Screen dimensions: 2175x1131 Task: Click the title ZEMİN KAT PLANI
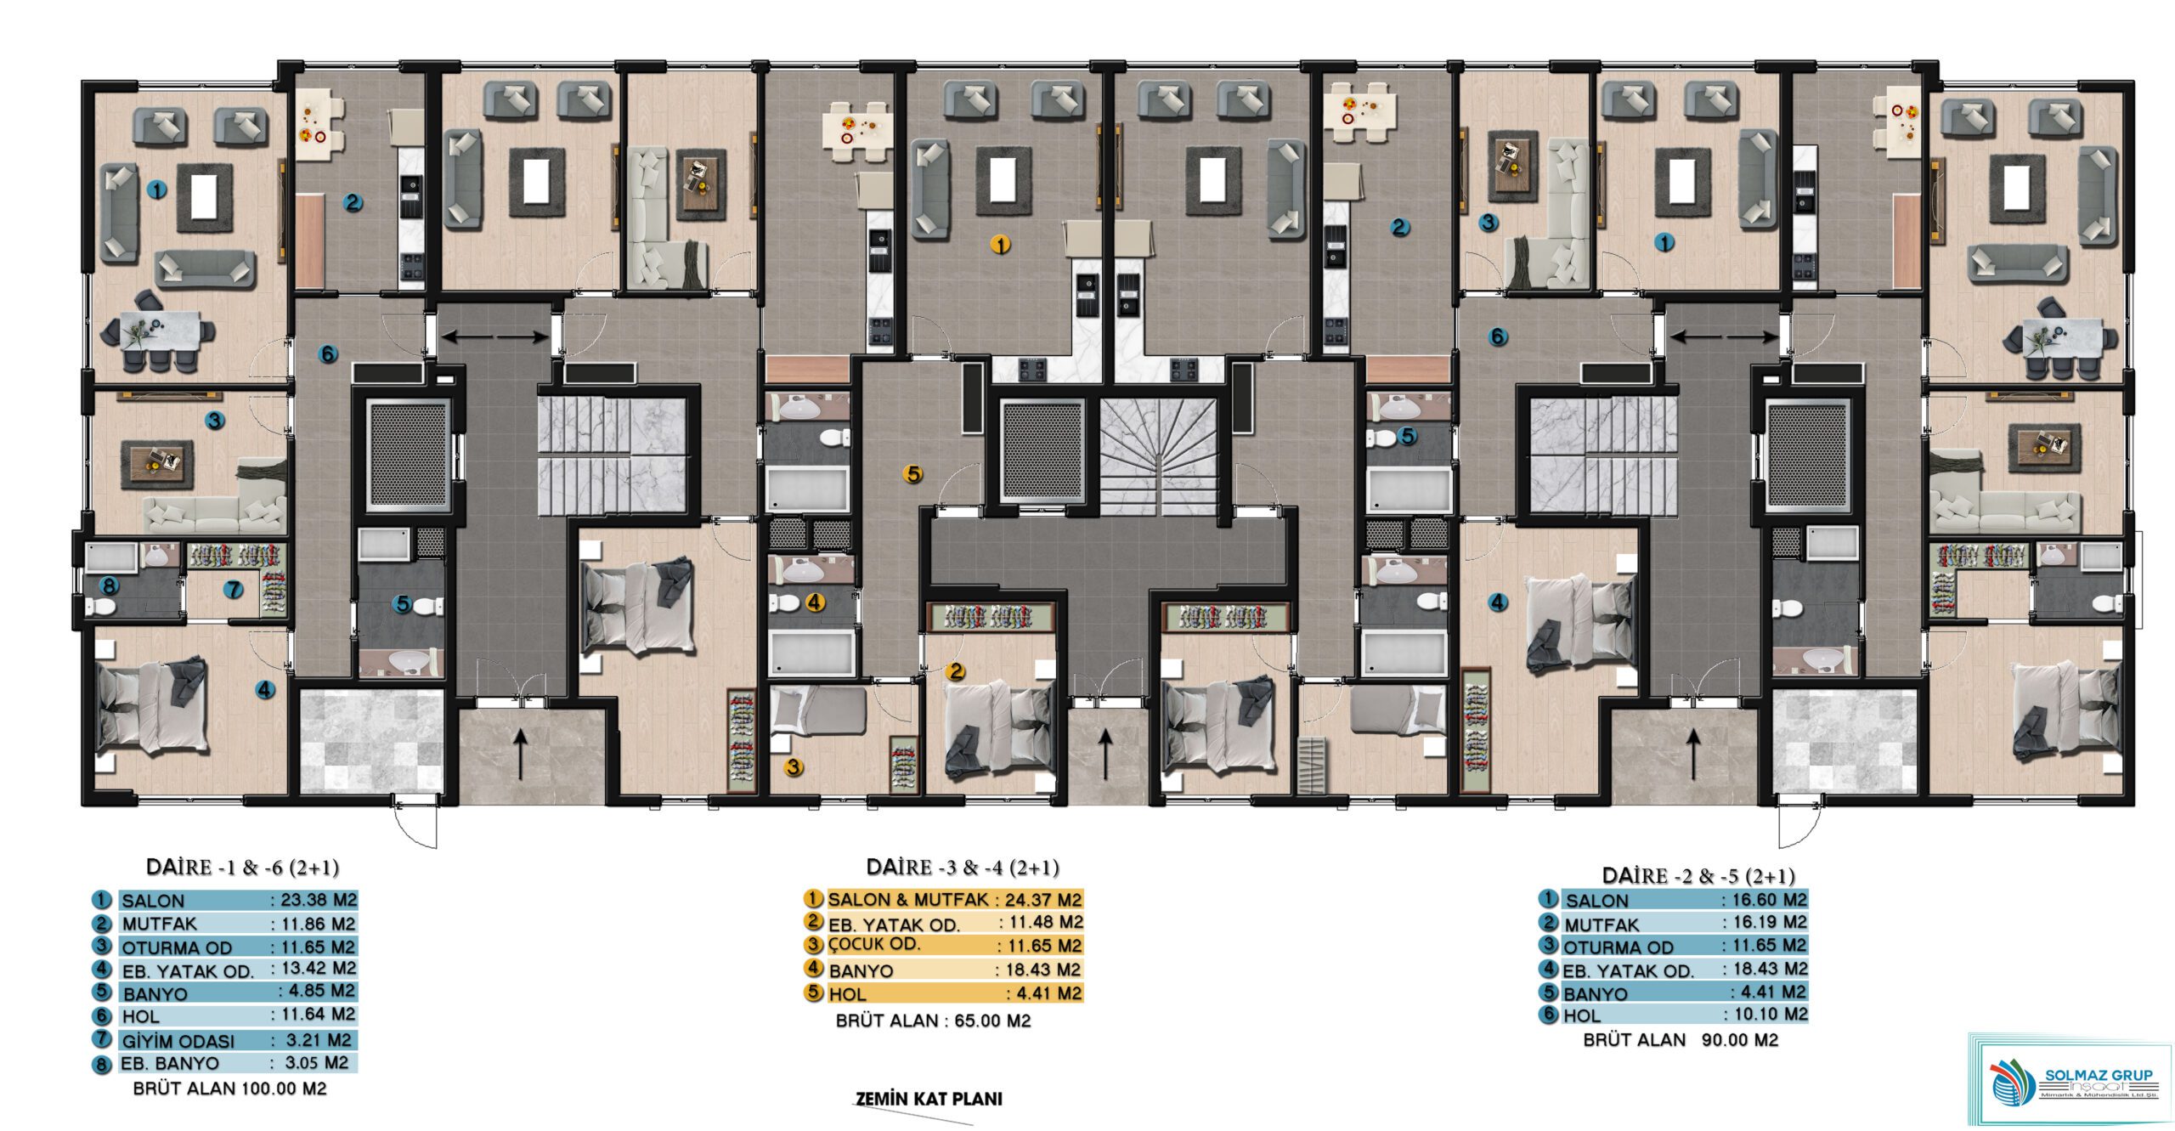[x=929, y=1099]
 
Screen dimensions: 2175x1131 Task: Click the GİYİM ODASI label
[x=178, y=1041]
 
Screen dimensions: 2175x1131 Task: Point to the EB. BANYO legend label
[x=170, y=1064]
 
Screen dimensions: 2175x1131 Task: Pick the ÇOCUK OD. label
[x=874, y=944]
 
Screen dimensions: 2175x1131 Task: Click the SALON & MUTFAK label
[x=908, y=899]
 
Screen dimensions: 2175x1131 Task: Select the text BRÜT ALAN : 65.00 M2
[x=933, y=1021]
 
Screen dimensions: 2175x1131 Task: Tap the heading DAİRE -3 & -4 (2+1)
[x=963, y=868]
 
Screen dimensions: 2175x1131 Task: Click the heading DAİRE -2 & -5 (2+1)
[x=1698, y=876]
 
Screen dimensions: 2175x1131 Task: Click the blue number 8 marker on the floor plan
[x=108, y=585]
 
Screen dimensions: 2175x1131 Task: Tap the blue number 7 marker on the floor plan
[x=233, y=589]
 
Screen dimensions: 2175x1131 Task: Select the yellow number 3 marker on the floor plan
[x=794, y=767]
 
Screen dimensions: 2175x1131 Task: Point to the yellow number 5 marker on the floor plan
[x=913, y=474]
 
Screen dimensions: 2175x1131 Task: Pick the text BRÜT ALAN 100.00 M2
[x=229, y=1089]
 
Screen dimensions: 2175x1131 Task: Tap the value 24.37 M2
[x=1044, y=899]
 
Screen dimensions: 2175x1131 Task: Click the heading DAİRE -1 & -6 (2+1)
[x=242, y=868]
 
